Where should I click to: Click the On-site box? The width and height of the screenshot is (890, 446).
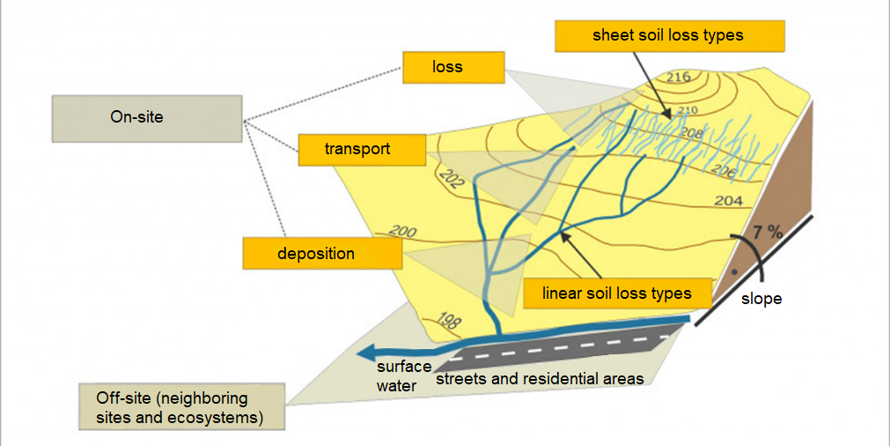pos(146,117)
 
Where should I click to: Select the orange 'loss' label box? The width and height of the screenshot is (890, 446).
pos(453,67)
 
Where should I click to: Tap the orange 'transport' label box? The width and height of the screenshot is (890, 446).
pos(362,149)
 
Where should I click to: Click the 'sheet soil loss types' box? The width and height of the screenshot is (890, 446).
pos(668,36)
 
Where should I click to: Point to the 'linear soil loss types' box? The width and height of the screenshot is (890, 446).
pos(615,294)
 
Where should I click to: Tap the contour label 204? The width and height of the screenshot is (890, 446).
pos(728,201)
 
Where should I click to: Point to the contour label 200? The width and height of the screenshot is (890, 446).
pos(401,232)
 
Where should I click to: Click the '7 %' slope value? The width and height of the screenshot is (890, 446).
pos(767,234)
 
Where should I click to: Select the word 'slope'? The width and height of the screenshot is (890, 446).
pos(761,299)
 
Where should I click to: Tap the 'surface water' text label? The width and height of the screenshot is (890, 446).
pos(404,375)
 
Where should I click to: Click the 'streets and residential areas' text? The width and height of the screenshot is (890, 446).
pos(540,379)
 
